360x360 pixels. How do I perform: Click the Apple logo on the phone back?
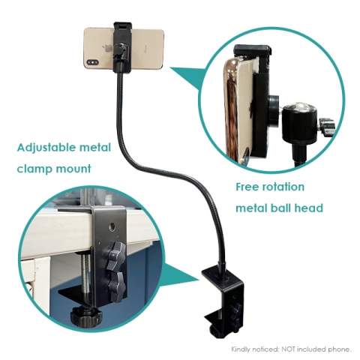(107, 48)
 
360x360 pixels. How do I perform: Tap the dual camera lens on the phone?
(92, 62)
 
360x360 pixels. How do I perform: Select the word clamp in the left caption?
(34, 169)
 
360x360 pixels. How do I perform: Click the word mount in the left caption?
(73, 169)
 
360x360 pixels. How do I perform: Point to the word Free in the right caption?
(248, 187)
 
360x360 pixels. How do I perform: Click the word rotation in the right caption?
(284, 187)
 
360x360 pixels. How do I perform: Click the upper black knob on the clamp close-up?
(116, 253)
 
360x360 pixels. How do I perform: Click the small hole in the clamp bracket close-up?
(112, 227)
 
